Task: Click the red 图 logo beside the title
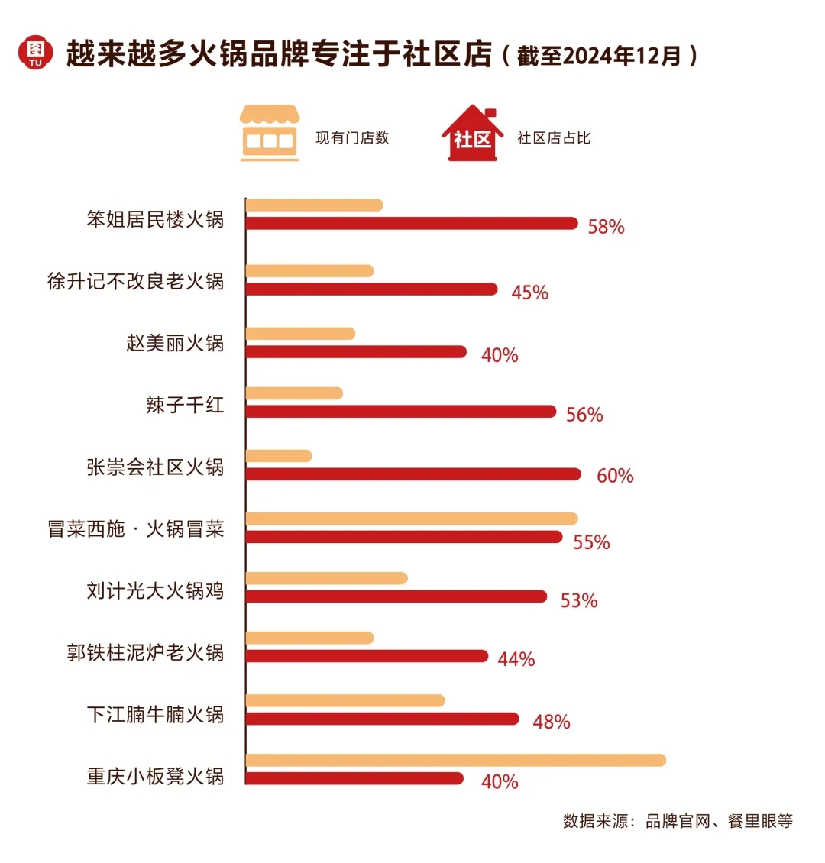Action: coord(35,53)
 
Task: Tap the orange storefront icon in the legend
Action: coord(269,133)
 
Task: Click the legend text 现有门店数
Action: coord(352,138)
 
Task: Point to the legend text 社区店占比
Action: coord(554,138)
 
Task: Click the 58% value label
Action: coord(606,227)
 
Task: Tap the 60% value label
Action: coord(615,476)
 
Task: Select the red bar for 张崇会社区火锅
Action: coord(412,474)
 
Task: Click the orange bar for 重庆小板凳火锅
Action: coord(455,760)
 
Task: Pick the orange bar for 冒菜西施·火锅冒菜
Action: coord(411,519)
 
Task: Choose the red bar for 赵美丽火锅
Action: coord(355,351)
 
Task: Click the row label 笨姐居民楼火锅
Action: coord(155,220)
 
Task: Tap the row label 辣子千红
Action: coord(185,405)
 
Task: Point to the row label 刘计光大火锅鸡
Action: coord(155,591)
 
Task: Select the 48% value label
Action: coord(552,722)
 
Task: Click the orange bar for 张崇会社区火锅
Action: coord(279,456)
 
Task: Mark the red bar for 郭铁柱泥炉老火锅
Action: coord(366,656)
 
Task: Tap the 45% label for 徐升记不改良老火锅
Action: coord(529,293)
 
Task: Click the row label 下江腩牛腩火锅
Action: coord(155,715)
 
